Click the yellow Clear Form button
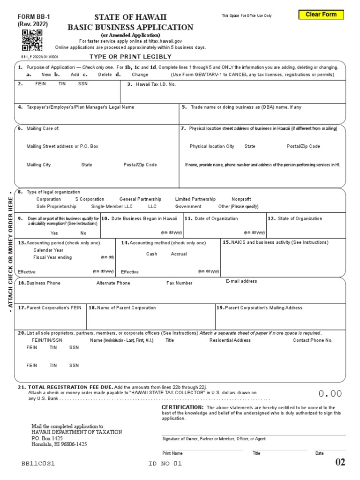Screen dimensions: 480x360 pos(321,15)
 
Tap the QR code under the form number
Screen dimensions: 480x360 pos(32,40)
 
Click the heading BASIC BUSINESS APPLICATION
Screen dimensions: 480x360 pos(130,27)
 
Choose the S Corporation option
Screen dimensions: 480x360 pos(90,199)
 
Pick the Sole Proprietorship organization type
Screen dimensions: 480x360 pos(56,206)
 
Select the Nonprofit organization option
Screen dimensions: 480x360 pos(241,199)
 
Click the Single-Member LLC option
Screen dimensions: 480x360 pos(112,206)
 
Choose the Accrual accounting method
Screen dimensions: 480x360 pos(179,254)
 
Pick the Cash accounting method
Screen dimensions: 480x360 pos(151,254)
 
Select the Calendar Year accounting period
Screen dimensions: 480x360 pos(48,250)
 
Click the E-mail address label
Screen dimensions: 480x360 pos(241,281)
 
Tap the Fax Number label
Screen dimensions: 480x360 pos(180,283)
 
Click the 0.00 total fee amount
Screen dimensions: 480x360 pos(330,394)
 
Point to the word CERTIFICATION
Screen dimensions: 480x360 pos(182,407)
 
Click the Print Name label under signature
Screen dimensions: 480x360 pos(172,453)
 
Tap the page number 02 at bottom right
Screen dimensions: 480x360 pos(340,463)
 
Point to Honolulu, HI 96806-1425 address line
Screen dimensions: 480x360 pos(59,444)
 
